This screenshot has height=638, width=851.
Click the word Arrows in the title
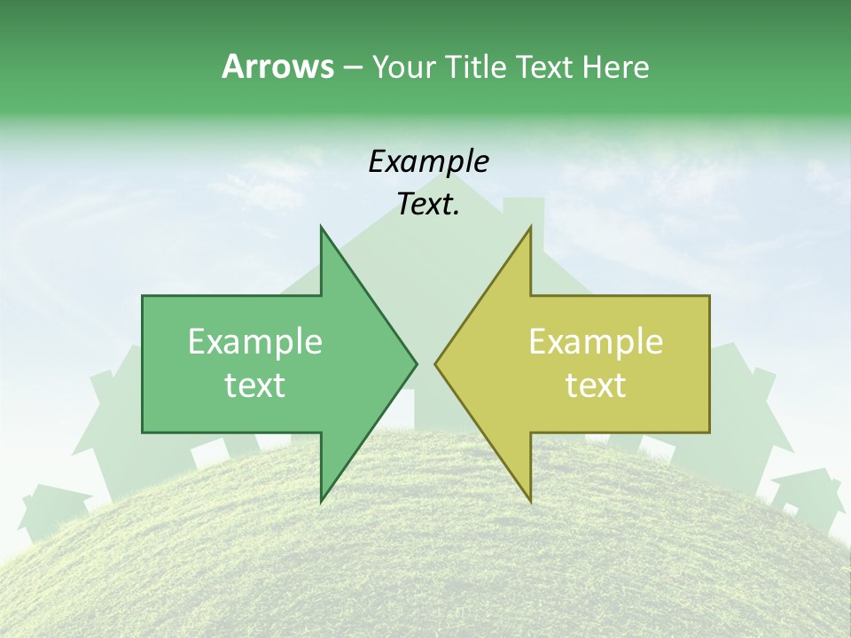coord(277,66)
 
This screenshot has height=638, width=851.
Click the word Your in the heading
coord(404,66)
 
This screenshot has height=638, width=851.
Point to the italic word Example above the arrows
coord(428,161)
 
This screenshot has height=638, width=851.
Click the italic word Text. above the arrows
coord(428,204)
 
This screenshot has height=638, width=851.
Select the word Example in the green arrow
coord(254,341)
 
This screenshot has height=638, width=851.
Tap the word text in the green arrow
coord(254,385)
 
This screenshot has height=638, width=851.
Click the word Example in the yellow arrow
coord(596,341)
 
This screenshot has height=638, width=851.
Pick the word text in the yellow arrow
coord(596,385)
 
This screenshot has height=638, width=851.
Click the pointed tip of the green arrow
coord(416,362)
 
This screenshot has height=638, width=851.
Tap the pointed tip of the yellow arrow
coord(435,362)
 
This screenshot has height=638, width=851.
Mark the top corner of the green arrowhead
coord(321,226)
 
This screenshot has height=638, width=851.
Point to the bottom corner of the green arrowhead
coord(321,501)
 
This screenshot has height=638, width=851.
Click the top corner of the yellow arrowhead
coord(530,226)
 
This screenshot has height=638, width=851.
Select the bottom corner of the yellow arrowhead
coord(530,501)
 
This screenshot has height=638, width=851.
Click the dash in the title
coord(352,67)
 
